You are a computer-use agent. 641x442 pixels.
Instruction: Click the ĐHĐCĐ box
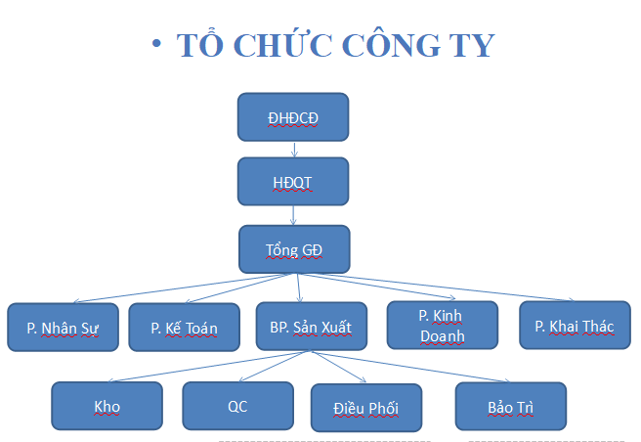pyautogui.click(x=293, y=117)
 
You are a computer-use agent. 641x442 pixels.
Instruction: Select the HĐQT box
pyautogui.click(x=293, y=181)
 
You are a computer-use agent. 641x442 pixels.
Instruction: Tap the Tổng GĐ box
pyautogui.click(x=294, y=249)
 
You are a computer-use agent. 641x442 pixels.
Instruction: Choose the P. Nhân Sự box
pyautogui.click(x=63, y=327)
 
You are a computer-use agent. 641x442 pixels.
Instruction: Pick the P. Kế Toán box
pyautogui.click(x=185, y=327)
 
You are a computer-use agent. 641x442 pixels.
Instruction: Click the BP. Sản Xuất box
pyautogui.click(x=312, y=327)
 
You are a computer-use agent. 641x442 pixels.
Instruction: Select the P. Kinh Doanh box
pyautogui.click(x=443, y=326)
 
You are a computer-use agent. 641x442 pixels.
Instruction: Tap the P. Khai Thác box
pyautogui.click(x=576, y=326)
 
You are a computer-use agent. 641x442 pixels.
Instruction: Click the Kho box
pyautogui.click(x=107, y=406)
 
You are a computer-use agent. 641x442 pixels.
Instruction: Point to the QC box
pyautogui.click(x=237, y=406)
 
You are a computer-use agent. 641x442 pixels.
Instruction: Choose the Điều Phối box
pyautogui.click(x=366, y=408)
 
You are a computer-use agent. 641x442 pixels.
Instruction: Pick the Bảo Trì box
pyautogui.click(x=511, y=407)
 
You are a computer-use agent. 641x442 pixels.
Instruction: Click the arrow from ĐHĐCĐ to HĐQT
pyautogui.click(x=294, y=150)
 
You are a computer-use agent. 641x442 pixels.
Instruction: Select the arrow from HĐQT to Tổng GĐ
pyautogui.click(x=293, y=215)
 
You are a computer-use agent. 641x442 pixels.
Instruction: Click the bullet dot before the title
pyautogui.click(x=156, y=43)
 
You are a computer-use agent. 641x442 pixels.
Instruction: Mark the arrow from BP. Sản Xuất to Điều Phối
pyautogui.click(x=339, y=367)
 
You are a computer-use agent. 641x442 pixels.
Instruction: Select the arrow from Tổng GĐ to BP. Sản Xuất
pyautogui.click(x=299, y=288)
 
